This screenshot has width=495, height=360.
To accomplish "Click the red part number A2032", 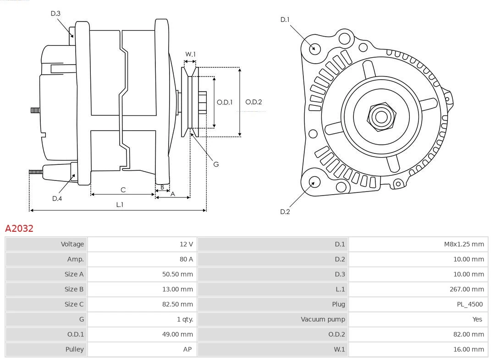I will pos(19,228).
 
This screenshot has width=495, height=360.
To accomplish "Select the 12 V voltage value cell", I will pos(186,244).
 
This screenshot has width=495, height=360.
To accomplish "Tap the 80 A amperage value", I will pos(186,259).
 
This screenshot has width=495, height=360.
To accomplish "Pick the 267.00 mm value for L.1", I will pos(467,289).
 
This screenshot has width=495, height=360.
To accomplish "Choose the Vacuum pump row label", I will pos(323,319).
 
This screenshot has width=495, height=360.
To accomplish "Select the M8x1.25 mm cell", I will pos(463,244).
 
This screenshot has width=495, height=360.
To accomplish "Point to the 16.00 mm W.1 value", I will pos(468,349).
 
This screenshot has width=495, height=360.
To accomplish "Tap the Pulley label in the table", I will pos(74,349).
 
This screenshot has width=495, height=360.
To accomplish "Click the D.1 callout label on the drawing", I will pos(285,20).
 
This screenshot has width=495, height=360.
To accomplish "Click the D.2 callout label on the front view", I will pos(285,212).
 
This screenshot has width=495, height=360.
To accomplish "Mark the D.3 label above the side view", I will pos(55,13).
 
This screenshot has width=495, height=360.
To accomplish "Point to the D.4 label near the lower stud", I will pos(57,198).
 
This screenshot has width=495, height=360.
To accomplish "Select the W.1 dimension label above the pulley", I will pos(190,54).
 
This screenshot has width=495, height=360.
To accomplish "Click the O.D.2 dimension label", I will pos(253,102).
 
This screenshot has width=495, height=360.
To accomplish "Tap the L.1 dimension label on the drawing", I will pos(120,205).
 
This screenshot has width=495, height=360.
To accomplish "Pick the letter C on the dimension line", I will pos(123,190).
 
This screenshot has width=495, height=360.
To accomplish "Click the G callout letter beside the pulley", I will pos(216,164).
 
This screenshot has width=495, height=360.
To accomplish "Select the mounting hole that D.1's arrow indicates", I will pos(314,48).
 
